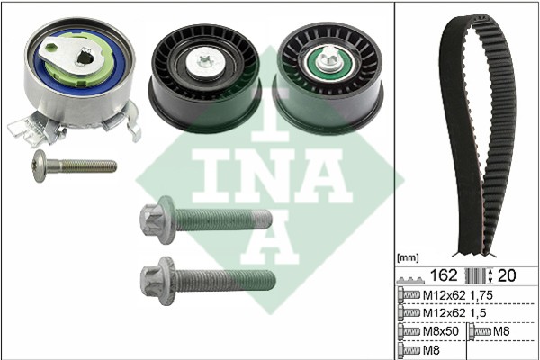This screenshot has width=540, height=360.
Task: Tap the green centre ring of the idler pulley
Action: (x=328, y=64)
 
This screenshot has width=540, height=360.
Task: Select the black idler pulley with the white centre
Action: (x=204, y=78)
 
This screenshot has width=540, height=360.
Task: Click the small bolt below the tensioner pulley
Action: (x=74, y=166)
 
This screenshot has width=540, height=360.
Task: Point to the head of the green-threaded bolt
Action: (x=158, y=220)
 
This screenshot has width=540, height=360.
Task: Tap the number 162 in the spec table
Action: (x=444, y=275)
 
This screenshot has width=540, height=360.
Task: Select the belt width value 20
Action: (x=507, y=275)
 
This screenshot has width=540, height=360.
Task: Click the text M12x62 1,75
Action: (x=458, y=295)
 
